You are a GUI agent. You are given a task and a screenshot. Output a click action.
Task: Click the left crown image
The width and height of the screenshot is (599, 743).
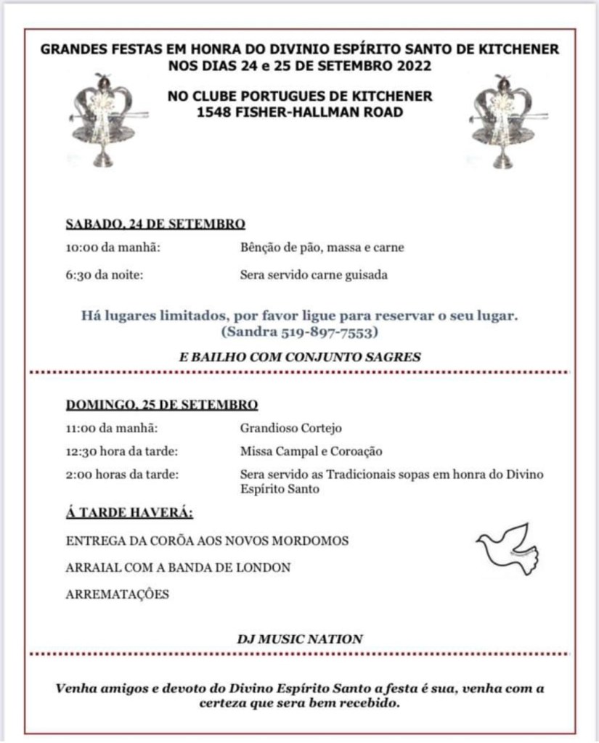click(x=105, y=119)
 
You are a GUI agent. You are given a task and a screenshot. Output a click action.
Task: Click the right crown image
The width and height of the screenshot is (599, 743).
click(x=503, y=119)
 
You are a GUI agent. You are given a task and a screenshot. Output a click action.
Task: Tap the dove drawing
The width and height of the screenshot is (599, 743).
click(x=508, y=549)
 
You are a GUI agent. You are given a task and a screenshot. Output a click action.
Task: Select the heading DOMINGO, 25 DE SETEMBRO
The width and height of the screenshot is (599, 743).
click(x=162, y=405)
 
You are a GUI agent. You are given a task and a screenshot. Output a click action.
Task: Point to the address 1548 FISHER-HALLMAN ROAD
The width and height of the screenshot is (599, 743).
click(x=300, y=112)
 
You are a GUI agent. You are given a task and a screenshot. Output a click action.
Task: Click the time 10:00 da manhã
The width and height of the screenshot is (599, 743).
click(x=113, y=248)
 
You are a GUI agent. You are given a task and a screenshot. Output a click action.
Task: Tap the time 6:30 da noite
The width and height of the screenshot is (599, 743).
click(x=105, y=275)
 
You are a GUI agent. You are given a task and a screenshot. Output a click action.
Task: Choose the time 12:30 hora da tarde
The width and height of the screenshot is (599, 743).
click(x=122, y=451)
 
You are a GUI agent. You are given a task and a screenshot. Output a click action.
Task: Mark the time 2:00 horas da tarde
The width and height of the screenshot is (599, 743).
click(x=123, y=475)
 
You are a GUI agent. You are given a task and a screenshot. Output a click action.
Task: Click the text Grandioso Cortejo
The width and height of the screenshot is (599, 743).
click(x=291, y=428)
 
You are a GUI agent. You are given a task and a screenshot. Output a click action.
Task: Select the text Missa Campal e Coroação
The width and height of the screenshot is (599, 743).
click(x=311, y=451)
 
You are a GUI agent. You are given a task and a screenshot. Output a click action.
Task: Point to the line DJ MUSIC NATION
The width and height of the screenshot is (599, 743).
click(x=300, y=639)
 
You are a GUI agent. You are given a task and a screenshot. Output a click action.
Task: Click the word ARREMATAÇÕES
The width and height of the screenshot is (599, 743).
click(x=118, y=594)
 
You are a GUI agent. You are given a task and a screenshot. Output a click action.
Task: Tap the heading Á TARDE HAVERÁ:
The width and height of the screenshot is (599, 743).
click(x=130, y=514)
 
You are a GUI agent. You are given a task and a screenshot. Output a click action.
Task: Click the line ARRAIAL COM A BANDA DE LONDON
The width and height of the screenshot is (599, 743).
click(x=179, y=567)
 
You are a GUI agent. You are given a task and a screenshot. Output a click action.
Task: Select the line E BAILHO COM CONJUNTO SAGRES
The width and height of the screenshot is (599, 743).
click(x=300, y=356)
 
